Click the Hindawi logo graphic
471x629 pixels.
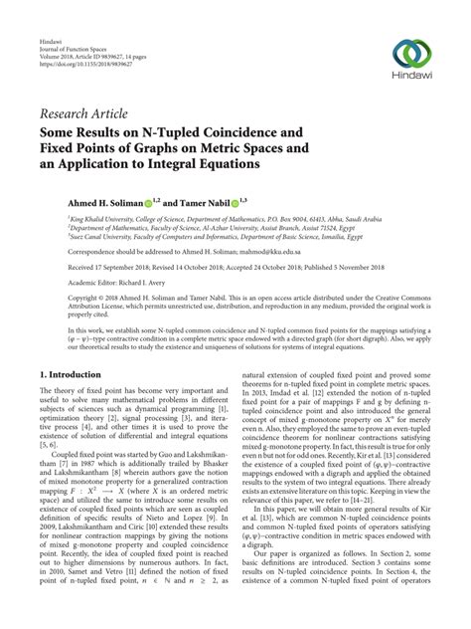tap(410, 54)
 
